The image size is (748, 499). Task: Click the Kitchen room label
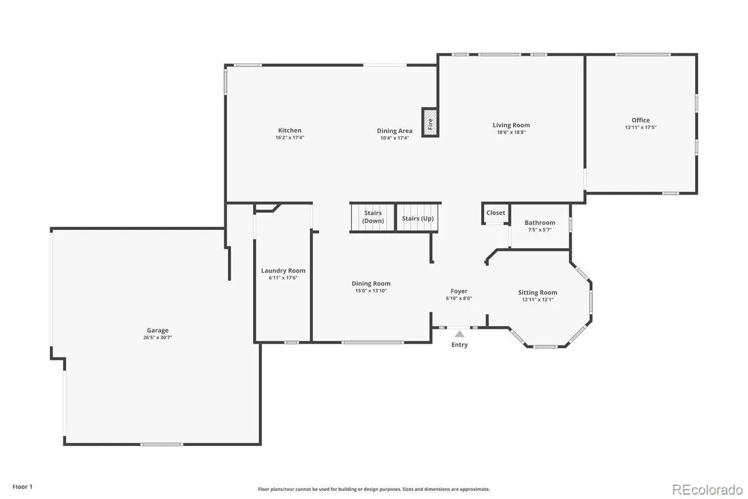289,130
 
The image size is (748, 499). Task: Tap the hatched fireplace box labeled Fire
430,122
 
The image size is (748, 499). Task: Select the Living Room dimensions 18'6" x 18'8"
511,132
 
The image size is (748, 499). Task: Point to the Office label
641,120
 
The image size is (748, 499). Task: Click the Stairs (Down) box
373,217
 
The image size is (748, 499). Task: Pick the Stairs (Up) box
418,217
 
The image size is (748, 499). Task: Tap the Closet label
496,213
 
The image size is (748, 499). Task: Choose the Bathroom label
540,223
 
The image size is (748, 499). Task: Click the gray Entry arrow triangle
459,334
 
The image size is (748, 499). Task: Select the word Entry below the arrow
459,344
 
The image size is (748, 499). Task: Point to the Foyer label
459,291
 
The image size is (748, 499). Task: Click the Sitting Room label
537,293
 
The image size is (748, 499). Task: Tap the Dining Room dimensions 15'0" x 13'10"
371,291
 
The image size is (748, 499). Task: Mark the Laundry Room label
283,271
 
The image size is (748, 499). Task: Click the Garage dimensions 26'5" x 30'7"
158,337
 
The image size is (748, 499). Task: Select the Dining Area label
395,131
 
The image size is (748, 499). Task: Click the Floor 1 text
22,487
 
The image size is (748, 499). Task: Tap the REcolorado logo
707,490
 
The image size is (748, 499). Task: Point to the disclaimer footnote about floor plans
373,489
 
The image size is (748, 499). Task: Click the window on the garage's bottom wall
161,444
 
